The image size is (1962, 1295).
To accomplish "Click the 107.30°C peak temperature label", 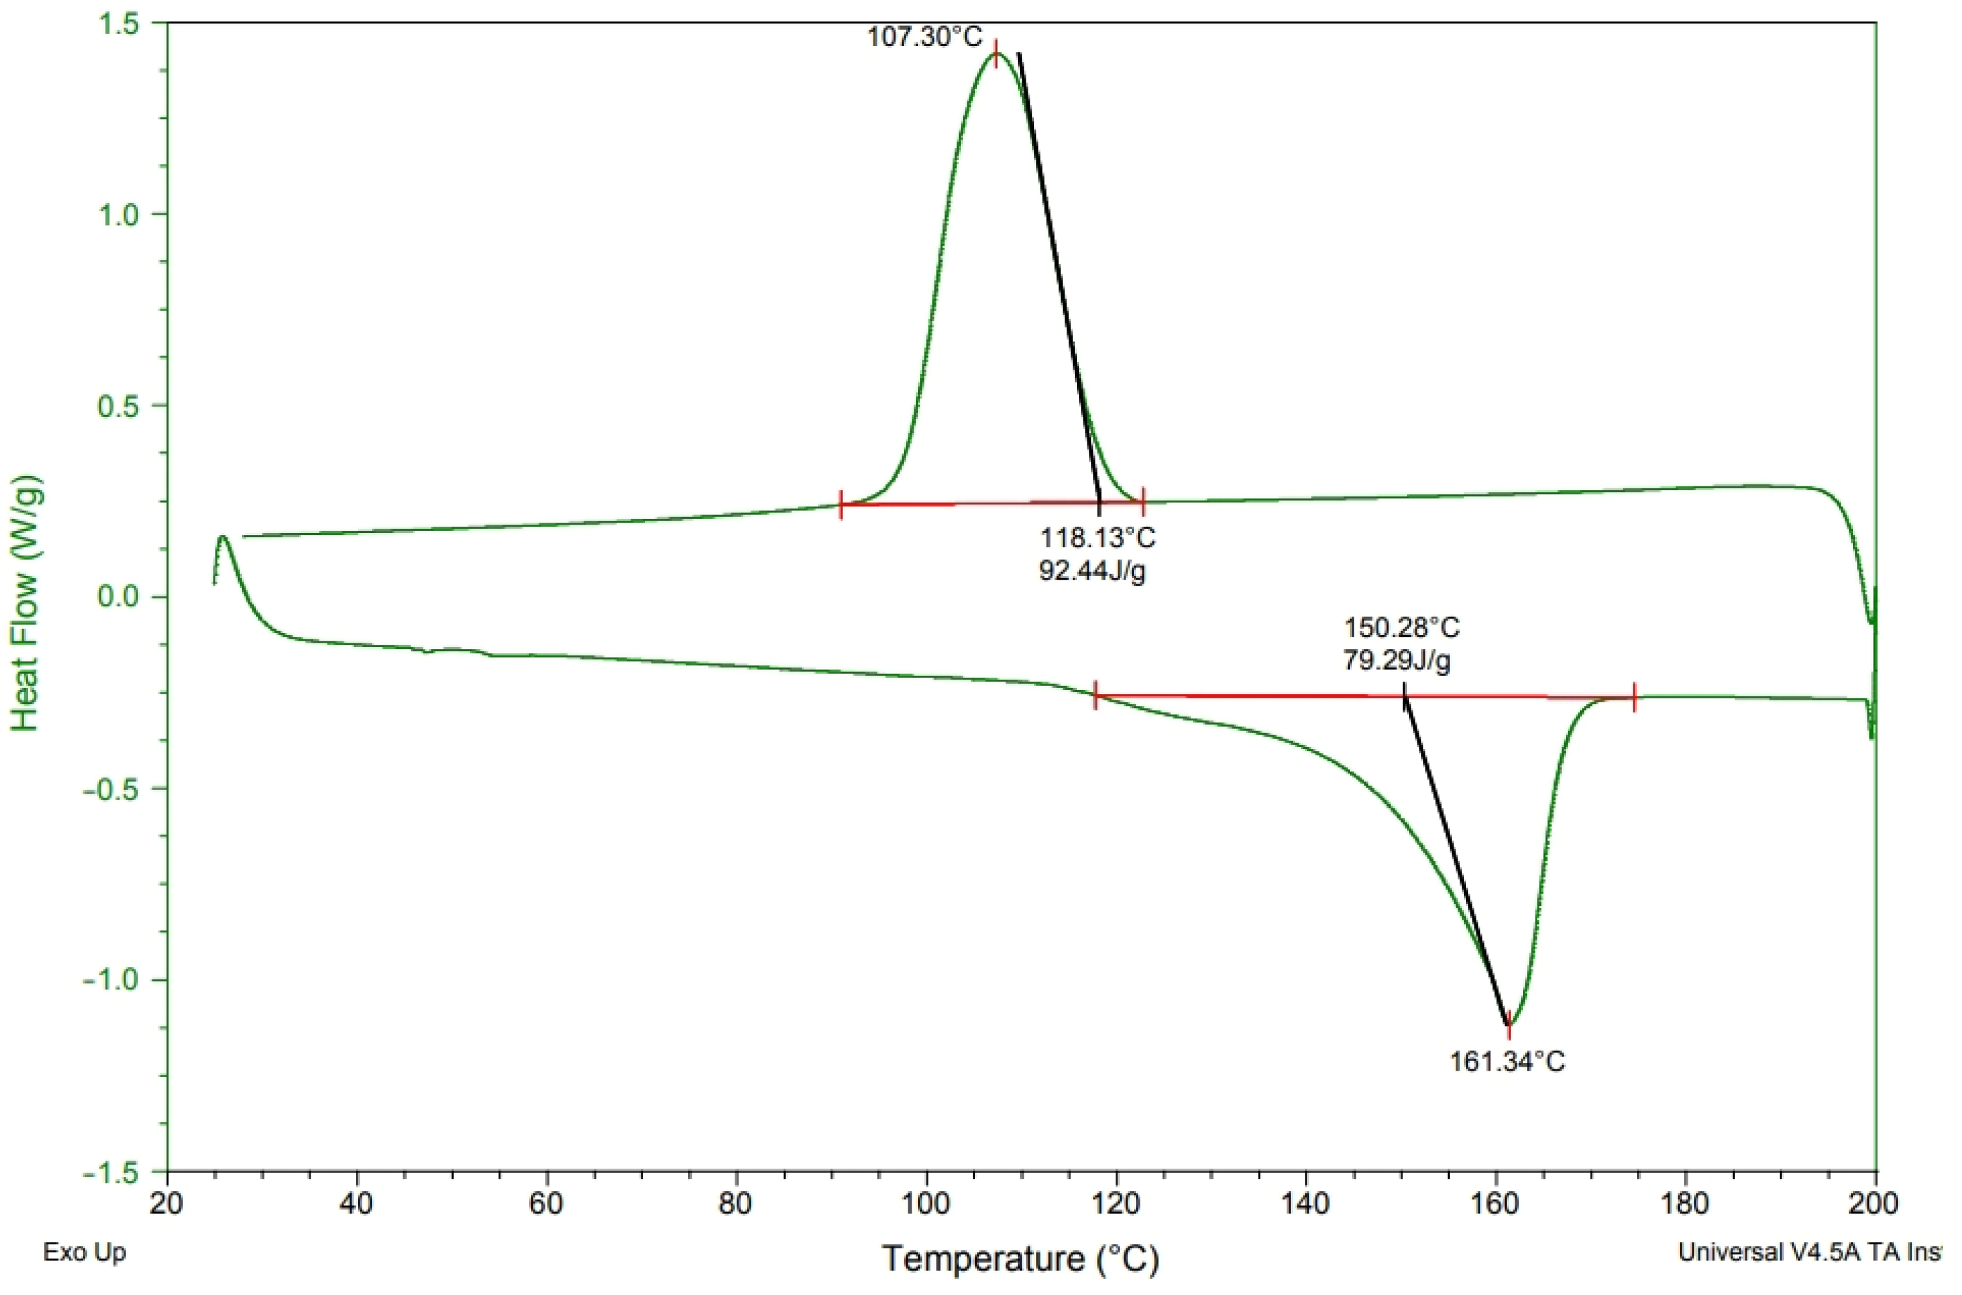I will click(925, 37).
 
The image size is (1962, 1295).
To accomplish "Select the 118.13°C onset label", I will click(1096, 538).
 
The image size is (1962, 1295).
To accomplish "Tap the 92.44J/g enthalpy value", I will click(1092, 571).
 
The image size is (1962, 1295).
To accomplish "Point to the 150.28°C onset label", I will click(1401, 628).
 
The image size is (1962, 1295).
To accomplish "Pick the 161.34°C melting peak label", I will click(1507, 1062).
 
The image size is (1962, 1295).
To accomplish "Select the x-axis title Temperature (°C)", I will click(1021, 1259).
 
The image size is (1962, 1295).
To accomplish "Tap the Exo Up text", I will click(84, 1253).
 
